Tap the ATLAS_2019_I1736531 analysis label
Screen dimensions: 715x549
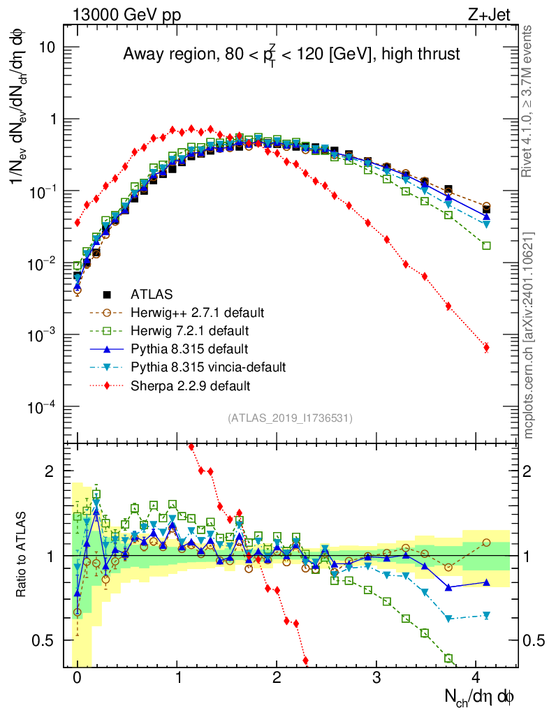point(290,418)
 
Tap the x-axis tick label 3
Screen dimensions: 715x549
point(376,678)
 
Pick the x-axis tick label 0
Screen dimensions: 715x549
point(77,678)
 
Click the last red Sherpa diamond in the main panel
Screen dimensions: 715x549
point(486,347)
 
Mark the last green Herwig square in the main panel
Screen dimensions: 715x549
point(486,246)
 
